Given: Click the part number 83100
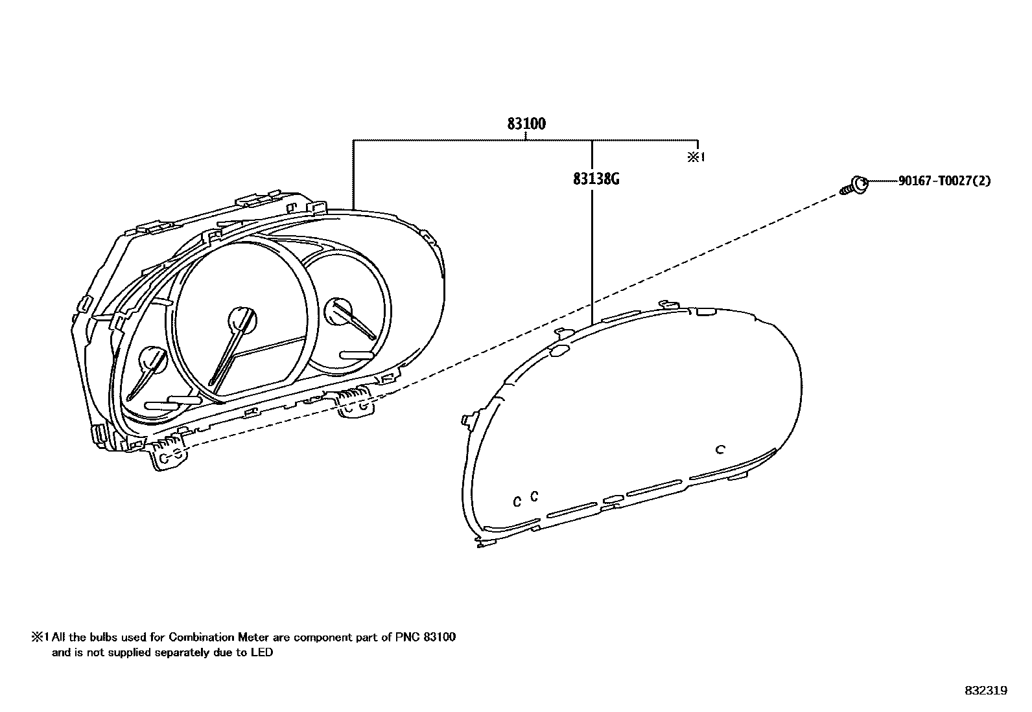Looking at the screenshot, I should click(x=526, y=124).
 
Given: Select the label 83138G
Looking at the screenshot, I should click(x=596, y=179).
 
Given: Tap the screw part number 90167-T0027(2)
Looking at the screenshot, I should click(x=944, y=181).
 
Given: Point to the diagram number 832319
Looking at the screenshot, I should click(x=985, y=691).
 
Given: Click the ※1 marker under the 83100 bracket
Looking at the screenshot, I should click(x=696, y=157).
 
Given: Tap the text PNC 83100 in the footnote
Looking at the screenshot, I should click(x=425, y=637).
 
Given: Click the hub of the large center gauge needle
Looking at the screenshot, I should click(x=242, y=319).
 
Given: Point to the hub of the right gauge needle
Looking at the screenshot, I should click(x=339, y=310).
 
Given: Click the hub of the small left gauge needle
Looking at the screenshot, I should click(x=154, y=360).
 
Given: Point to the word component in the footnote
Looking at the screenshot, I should click(x=322, y=637).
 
